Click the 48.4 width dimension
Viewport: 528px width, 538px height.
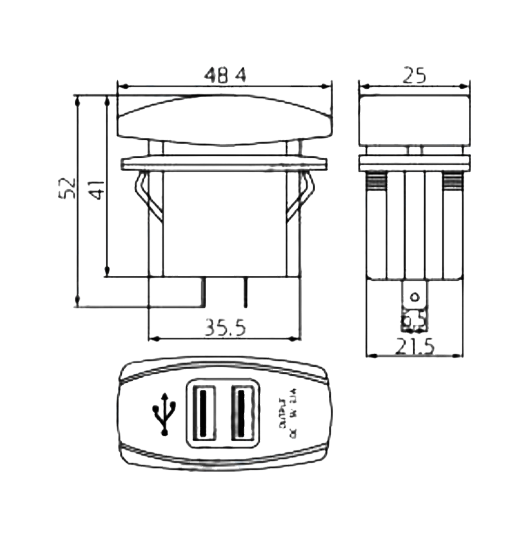(224, 77)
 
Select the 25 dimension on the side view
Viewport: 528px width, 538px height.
(414, 76)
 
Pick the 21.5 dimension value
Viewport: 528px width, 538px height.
(415, 346)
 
